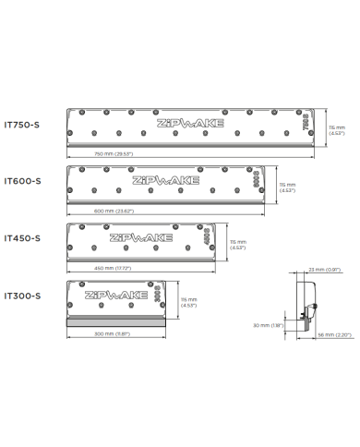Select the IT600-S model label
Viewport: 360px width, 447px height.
coord(21,181)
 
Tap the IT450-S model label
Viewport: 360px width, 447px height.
coord(21,238)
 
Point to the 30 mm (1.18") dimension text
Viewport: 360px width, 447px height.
coord(267,326)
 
